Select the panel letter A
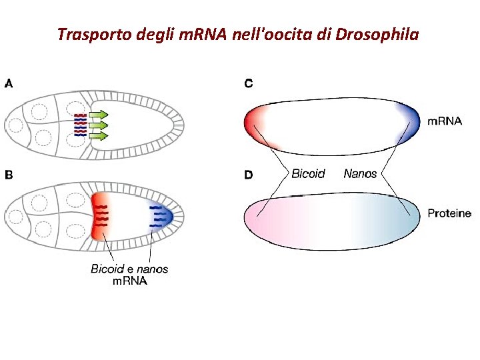9,84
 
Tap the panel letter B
9,175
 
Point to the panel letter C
249,84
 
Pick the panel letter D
249,175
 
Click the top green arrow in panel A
98,115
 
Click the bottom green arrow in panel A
98,136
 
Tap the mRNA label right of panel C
444,121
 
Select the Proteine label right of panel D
449,214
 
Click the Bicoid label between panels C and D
308,174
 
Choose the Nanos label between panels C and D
360,174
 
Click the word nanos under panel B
153,269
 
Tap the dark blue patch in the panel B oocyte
161,216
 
